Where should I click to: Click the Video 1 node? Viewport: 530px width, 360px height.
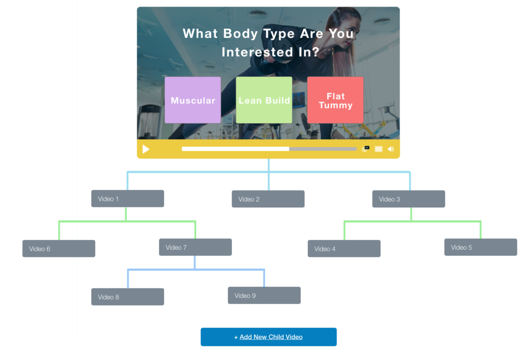click(127, 199)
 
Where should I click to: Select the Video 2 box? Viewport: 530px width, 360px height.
click(268, 199)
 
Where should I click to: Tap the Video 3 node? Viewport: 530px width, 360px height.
click(408, 199)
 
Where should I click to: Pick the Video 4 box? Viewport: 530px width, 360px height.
click(344, 249)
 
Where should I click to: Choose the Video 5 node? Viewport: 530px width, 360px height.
click(480, 247)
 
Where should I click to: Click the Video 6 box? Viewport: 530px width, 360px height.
click(58, 249)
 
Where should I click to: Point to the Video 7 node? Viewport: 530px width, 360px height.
click(195, 247)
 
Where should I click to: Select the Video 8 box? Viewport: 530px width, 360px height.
click(127, 297)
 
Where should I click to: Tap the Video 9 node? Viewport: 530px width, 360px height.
click(264, 295)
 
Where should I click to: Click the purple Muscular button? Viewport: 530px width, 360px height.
click(193, 100)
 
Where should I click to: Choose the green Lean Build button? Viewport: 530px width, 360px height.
click(264, 100)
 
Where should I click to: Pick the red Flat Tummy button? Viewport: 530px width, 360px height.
click(335, 100)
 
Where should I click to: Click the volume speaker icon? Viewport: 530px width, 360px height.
click(391, 149)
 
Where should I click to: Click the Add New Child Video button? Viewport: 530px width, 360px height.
click(269, 337)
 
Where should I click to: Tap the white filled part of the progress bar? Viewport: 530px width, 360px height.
click(235, 149)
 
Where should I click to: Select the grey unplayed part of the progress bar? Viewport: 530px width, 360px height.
click(322, 149)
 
